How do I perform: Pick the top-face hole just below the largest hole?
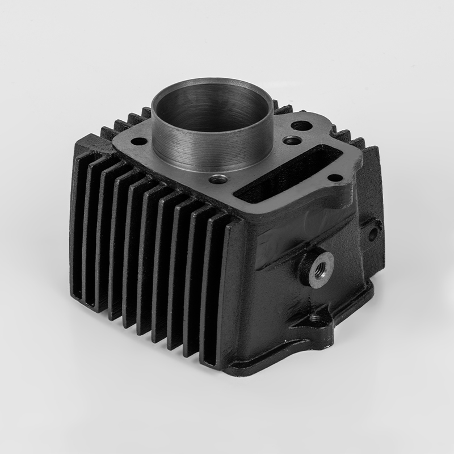click(292, 140)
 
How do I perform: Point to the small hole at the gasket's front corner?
click(218, 180)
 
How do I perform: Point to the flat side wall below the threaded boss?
click(284, 318)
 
